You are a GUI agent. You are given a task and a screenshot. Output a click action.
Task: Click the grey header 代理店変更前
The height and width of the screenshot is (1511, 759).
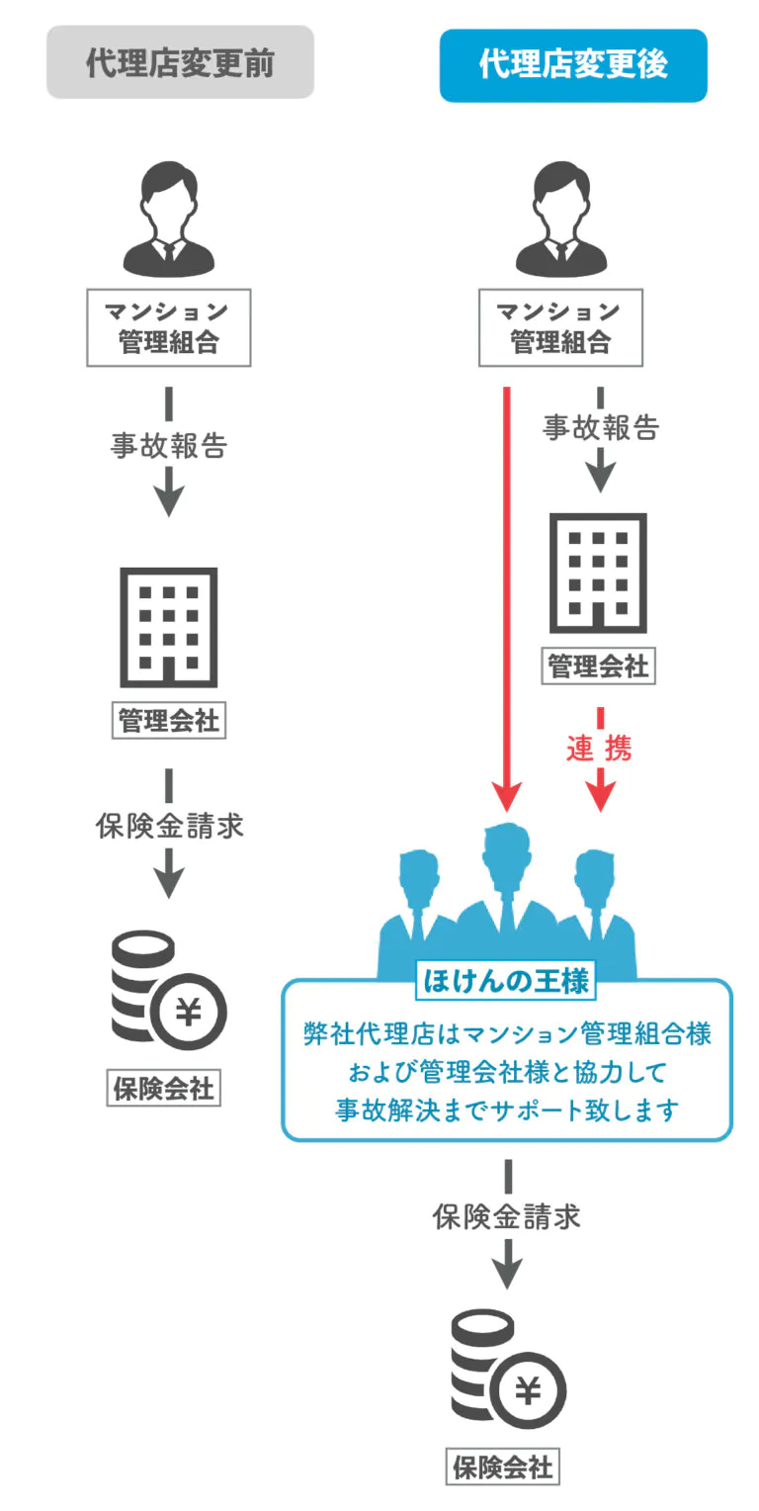[180, 62]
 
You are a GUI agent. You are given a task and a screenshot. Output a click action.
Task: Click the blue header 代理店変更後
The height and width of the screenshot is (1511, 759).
[573, 65]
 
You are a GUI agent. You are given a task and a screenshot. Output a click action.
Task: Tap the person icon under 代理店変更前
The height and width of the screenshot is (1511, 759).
[169, 219]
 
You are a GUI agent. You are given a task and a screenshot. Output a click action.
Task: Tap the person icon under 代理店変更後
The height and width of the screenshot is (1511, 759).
[560, 219]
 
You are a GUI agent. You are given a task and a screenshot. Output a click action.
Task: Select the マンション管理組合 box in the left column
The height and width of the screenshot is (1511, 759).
[169, 327]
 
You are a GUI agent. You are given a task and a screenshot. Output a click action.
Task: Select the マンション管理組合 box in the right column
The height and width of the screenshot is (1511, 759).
[560, 327]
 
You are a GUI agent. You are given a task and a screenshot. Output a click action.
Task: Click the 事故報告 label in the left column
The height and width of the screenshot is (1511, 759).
[169, 446]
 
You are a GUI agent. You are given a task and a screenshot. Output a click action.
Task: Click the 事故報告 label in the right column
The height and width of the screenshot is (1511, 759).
[601, 427]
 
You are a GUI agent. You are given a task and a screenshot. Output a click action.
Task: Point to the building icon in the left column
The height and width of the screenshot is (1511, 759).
[169, 627]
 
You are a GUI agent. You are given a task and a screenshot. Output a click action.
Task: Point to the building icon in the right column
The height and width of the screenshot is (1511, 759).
[599, 573]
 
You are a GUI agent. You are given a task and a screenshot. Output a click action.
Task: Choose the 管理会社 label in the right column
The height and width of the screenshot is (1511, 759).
[599, 667]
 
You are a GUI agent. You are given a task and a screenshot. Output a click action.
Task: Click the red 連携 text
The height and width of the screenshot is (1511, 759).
[599, 749]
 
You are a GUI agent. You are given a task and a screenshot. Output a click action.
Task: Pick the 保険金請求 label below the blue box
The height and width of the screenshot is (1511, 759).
[507, 1216]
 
